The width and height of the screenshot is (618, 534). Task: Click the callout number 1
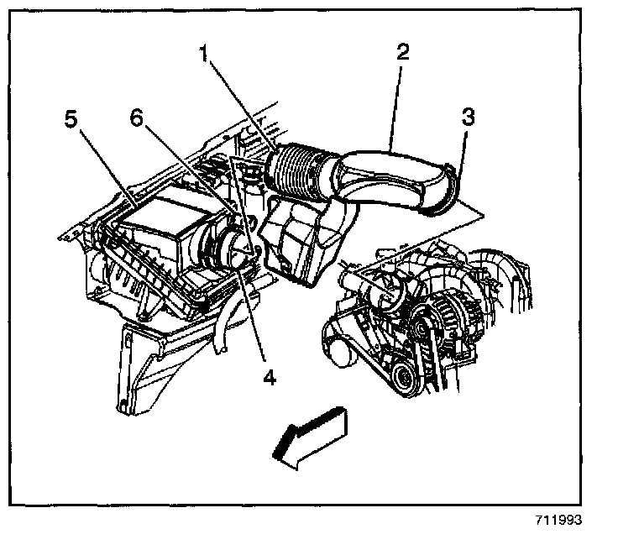203,55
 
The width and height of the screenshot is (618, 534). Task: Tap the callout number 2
402,53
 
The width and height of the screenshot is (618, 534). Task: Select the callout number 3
469,117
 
